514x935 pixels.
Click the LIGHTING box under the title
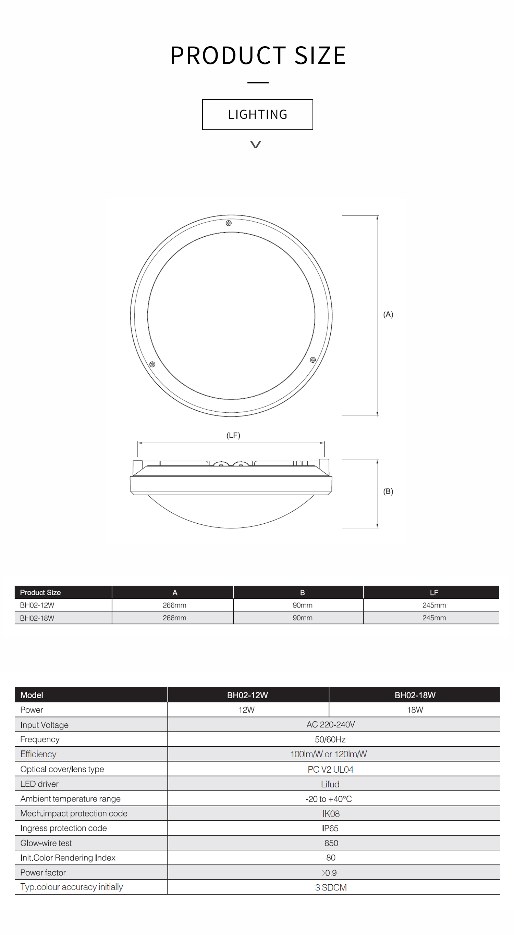coord(258,114)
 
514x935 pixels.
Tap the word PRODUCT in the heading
coord(228,56)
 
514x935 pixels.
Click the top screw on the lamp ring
coord(229,223)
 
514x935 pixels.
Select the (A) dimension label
coord(388,314)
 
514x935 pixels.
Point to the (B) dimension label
coord(388,491)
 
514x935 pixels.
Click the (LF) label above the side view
coord(233,435)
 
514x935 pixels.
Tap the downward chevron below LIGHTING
coord(256,145)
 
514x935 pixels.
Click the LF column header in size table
coord(434,593)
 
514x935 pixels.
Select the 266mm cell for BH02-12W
coord(174,605)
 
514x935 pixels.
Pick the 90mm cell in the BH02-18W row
coord(302,618)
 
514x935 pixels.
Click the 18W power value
coord(415,710)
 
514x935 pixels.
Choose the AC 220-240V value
coord(331,724)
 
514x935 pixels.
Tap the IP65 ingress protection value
coord(330,828)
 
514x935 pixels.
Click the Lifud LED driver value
coord(330,784)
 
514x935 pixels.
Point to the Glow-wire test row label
coord(46,843)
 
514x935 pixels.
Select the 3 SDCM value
coord(331,887)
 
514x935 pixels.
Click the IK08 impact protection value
coord(331,813)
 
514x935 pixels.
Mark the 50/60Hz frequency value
coord(330,739)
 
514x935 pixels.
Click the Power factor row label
coord(43,872)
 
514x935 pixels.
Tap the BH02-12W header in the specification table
coord(247,695)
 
